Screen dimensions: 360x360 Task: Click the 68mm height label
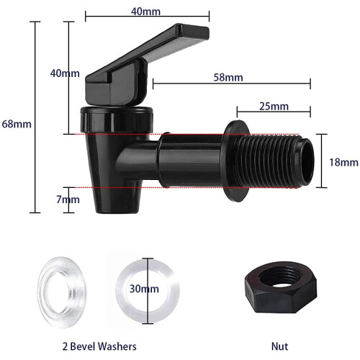point(17,124)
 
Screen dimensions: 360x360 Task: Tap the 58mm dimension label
point(228,78)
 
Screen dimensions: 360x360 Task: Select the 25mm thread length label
point(274,107)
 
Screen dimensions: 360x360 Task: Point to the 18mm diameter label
point(343,163)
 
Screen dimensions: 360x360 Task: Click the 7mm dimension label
point(68,199)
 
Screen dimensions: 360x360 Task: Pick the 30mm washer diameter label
point(144,289)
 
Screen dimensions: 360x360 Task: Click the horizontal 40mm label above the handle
point(145,12)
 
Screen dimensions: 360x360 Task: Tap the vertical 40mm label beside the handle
point(65,73)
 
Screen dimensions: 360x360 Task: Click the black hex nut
point(281,287)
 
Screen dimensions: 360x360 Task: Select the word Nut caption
point(279,346)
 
